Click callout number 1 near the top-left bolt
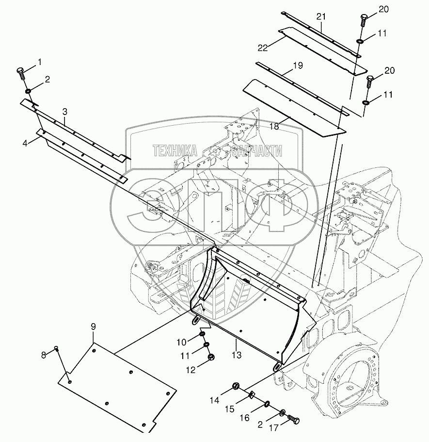39,62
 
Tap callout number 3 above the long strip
65,112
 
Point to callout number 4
25,144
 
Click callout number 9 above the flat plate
93,327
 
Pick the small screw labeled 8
57,348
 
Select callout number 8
43,355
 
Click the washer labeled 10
203,334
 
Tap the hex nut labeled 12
211,358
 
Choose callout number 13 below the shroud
237,355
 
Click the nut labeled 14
236,386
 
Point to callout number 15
230,409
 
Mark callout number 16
245,417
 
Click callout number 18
274,126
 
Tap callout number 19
298,65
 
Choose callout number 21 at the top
321,16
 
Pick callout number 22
263,48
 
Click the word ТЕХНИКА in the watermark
175,151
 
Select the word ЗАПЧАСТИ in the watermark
256,151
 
